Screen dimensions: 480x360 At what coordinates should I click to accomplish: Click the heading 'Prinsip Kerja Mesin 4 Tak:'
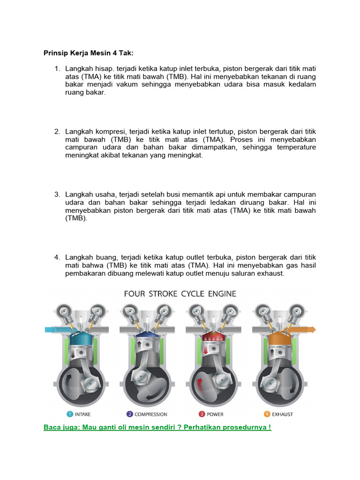85,52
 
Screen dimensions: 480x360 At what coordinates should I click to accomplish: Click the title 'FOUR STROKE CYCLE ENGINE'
180,294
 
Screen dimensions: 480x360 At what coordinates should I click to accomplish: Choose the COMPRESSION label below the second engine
150,414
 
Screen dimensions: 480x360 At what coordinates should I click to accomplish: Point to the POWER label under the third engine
215,414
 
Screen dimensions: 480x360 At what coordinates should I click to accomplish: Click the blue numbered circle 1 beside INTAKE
69,414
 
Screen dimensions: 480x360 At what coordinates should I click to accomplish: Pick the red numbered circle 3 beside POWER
202,414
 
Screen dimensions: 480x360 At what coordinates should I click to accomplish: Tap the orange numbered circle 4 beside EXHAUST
267,414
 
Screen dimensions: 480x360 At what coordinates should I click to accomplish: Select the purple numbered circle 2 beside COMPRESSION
129,414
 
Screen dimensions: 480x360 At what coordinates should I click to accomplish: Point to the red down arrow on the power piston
205,349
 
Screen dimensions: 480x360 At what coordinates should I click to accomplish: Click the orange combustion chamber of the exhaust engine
278,338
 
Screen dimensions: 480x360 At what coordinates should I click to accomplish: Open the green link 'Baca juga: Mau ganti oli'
157,427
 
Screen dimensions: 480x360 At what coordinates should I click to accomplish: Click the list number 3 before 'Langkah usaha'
57,195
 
